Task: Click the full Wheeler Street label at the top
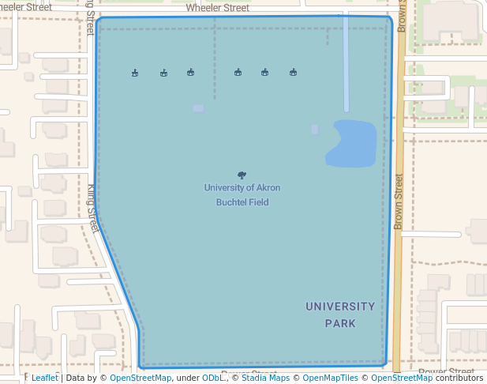(x=217, y=9)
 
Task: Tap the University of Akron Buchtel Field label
(x=242, y=194)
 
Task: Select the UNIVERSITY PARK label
(x=340, y=314)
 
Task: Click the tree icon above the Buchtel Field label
(x=242, y=175)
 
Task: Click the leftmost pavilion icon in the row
(x=135, y=73)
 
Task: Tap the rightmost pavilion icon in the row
(x=293, y=73)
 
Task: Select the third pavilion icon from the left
(x=190, y=73)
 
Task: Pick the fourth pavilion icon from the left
(x=238, y=73)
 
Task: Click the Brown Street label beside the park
(x=399, y=201)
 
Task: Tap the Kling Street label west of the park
(x=92, y=208)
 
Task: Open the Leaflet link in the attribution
(x=44, y=378)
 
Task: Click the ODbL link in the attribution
(x=212, y=378)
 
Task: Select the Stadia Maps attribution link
(x=264, y=378)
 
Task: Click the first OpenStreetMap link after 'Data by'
(x=140, y=378)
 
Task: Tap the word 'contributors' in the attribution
(x=459, y=378)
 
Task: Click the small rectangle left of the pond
(x=315, y=129)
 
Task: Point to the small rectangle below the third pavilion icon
(x=197, y=108)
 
